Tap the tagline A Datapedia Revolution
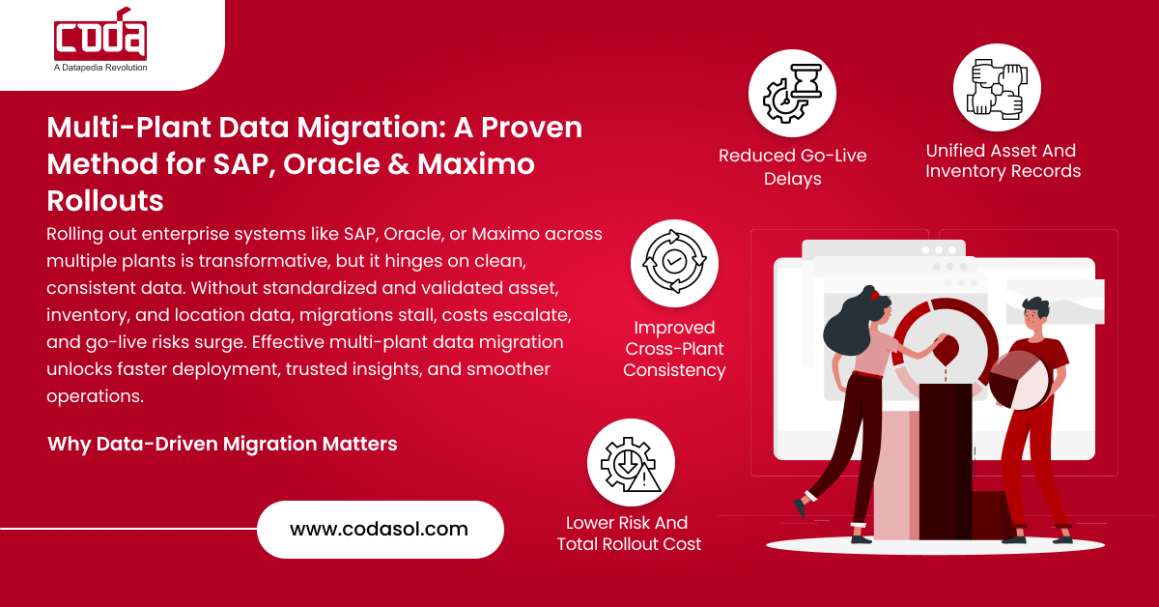point(100,68)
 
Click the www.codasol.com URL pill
point(380,529)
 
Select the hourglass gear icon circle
point(792,93)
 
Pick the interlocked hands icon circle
point(996,87)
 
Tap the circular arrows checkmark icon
point(674,264)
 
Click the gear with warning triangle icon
point(631,462)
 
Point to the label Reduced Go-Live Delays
point(792,167)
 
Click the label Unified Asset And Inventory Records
point(1002,161)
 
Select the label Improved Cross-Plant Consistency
point(674,349)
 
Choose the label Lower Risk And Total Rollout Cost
point(629,534)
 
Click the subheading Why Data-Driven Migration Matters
point(222,445)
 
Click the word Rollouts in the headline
point(105,200)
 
